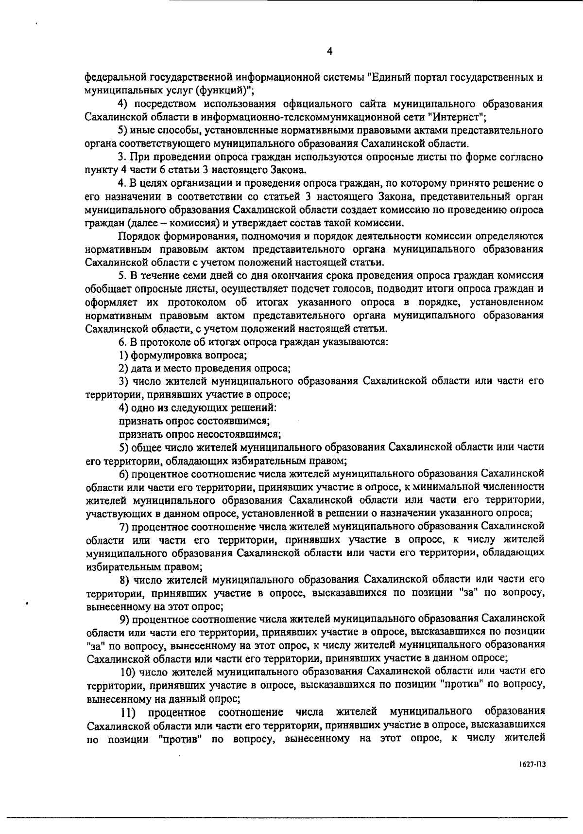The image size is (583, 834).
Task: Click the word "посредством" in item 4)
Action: [165, 104]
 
